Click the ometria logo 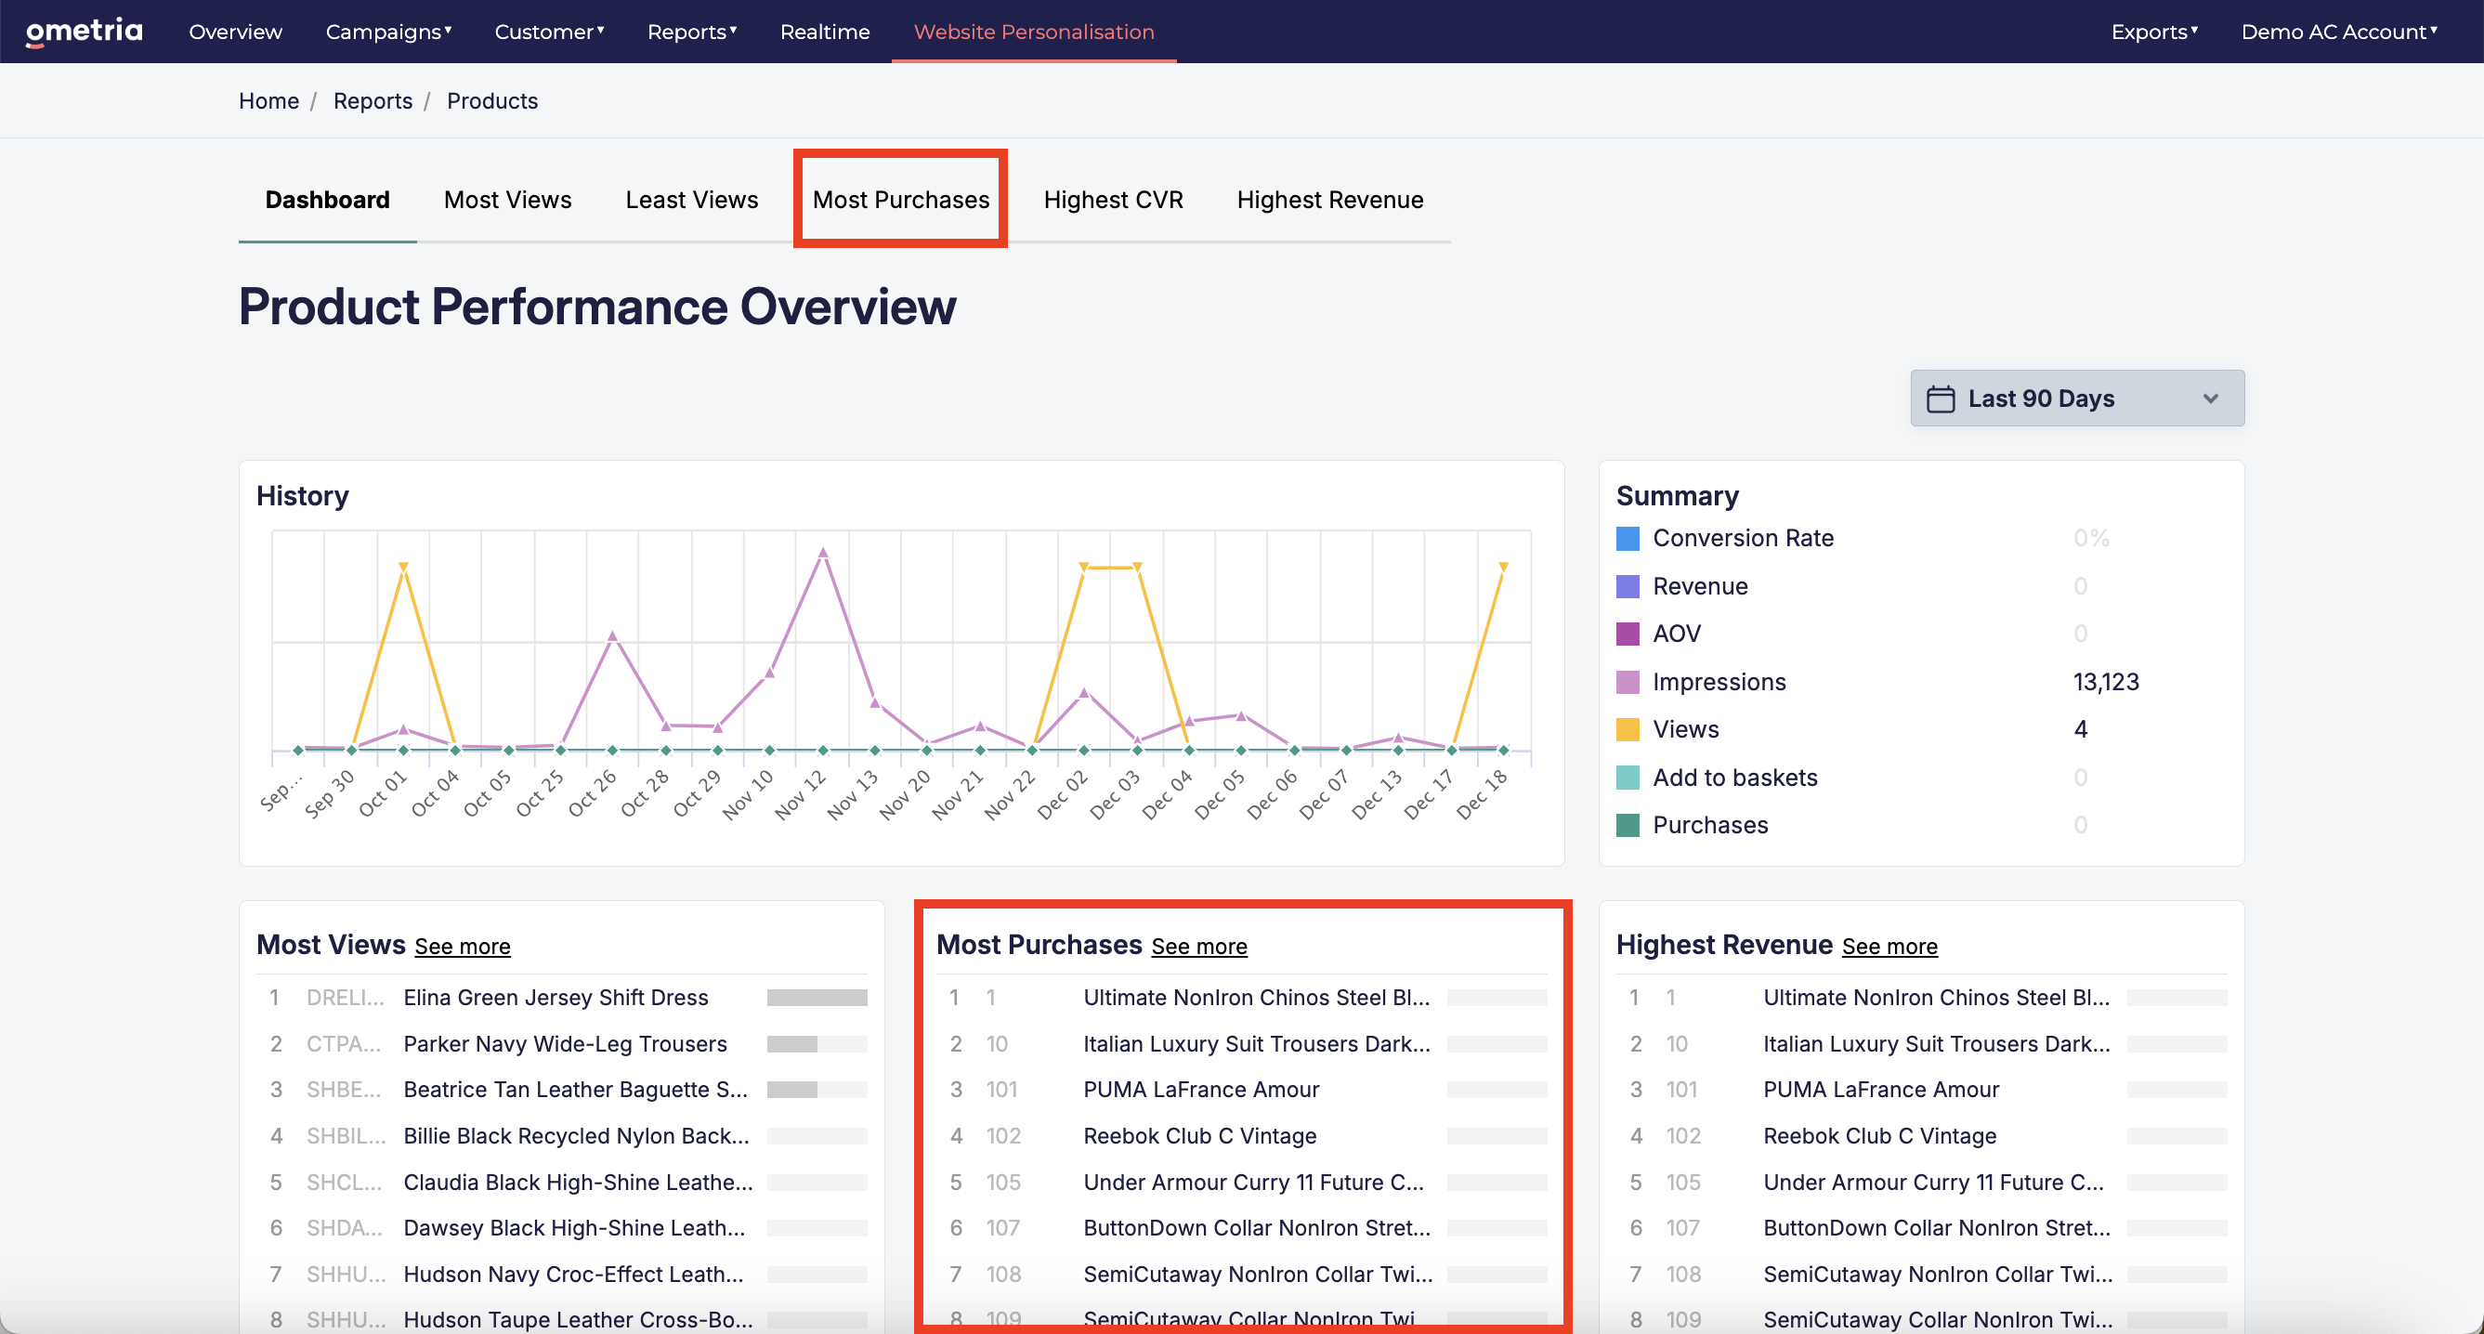point(84,32)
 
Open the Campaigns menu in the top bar point(388,32)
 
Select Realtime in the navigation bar point(825,32)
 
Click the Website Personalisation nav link point(1034,32)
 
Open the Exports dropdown point(2154,32)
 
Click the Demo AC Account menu point(2339,32)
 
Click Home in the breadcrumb point(269,101)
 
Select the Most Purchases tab point(901,200)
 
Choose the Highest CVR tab point(1113,200)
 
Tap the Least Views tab point(691,200)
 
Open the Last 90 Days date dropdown point(2077,399)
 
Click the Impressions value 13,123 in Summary point(2106,682)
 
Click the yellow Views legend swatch point(1628,730)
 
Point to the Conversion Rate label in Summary point(1743,538)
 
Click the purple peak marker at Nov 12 point(822,553)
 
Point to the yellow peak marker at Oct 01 point(403,566)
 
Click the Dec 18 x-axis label point(1482,795)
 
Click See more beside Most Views point(462,947)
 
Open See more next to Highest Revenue point(1889,947)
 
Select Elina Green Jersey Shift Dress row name point(556,998)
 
